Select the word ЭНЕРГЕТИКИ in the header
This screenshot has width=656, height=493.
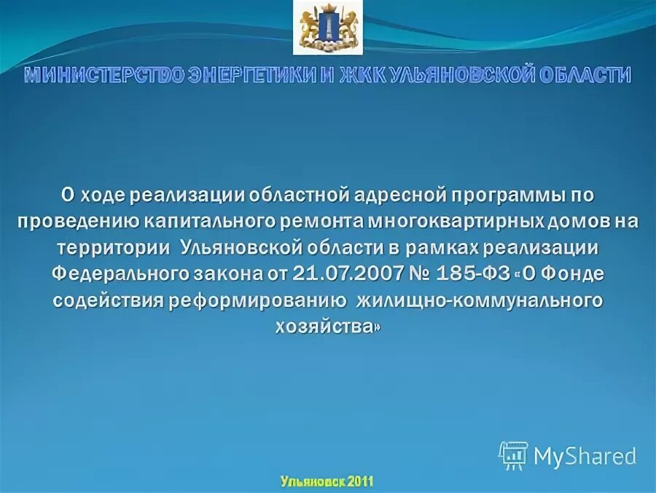click(259, 75)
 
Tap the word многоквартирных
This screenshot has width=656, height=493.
click(450, 221)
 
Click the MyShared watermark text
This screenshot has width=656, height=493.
click(585, 456)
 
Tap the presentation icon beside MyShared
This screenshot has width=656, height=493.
click(513, 455)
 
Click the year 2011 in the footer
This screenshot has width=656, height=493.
click(360, 481)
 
